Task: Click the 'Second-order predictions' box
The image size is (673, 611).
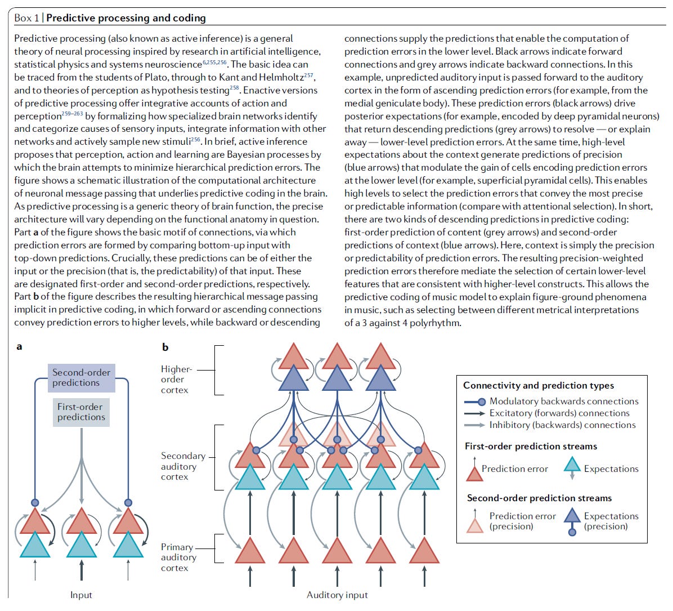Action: (x=81, y=378)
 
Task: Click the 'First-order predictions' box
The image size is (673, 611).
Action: (x=81, y=412)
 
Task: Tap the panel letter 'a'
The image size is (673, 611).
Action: (x=19, y=346)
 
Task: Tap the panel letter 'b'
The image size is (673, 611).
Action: (x=165, y=347)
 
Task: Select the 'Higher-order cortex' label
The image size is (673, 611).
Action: (x=176, y=380)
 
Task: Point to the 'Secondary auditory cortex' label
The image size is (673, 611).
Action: (x=182, y=466)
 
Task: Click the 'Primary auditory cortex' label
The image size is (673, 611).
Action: (x=178, y=558)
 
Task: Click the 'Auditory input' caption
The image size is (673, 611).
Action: (x=337, y=595)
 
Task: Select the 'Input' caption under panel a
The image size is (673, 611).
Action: (x=81, y=595)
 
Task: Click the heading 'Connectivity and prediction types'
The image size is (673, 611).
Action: (x=539, y=386)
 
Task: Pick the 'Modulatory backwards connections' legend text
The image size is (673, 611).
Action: (x=564, y=402)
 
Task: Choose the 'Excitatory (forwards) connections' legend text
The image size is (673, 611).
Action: (x=559, y=413)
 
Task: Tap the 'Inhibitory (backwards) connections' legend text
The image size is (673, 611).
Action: (x=562, y=425)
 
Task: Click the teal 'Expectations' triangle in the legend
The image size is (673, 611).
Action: (x=572, y=465)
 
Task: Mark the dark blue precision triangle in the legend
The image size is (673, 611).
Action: (x=572, y=516)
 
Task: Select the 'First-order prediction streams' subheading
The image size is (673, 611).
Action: (x=531, y=447)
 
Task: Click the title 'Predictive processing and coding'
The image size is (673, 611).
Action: (x=126, y=18)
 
